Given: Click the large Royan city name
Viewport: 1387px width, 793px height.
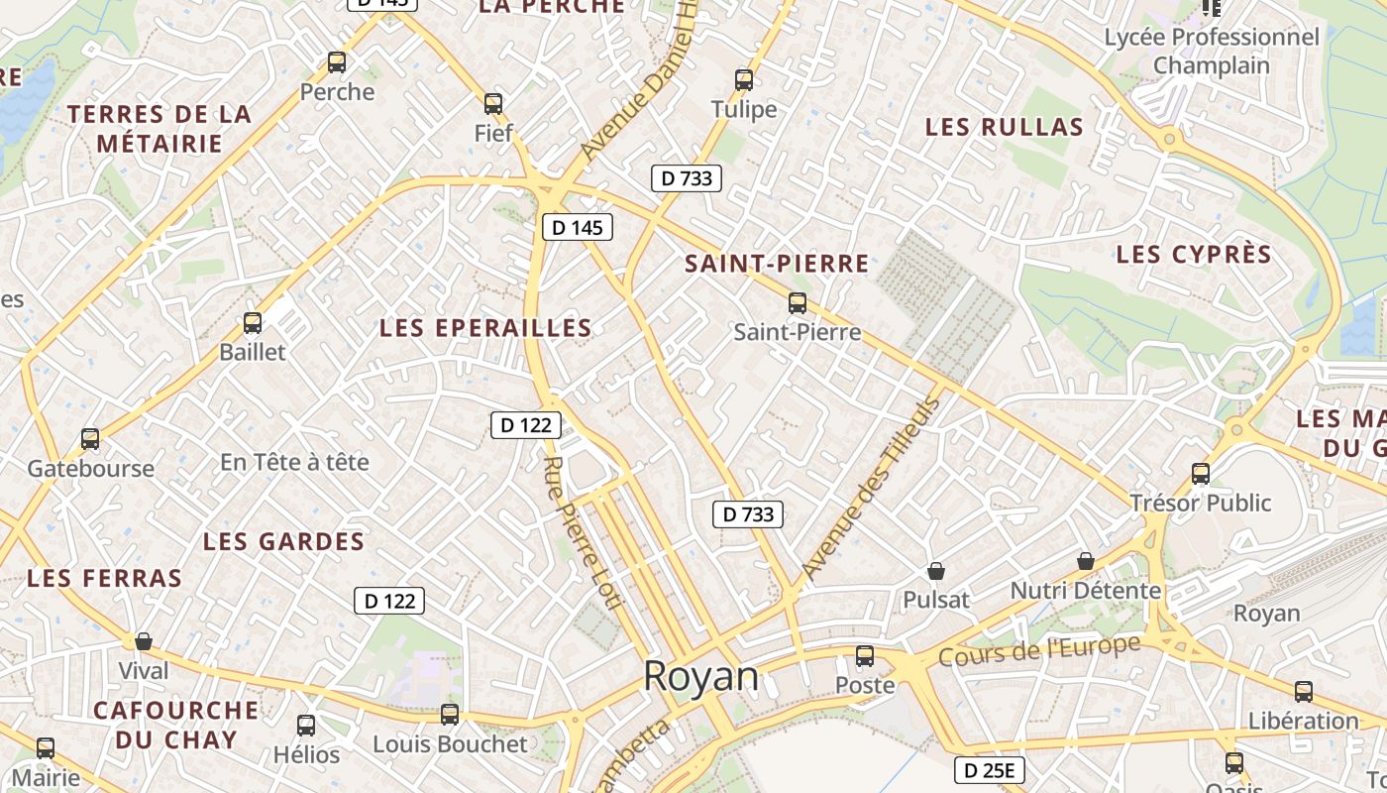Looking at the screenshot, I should coord(701,677).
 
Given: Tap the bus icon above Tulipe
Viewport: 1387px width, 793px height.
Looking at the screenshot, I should coord(744,80).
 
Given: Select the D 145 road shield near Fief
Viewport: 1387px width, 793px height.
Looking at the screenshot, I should coord(578,227).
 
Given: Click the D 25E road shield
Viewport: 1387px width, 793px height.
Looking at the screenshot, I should coord(989,770).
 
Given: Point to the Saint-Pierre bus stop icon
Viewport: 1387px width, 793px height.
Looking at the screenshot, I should coord(798,303).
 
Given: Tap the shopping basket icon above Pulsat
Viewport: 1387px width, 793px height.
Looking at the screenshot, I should coord(935,571).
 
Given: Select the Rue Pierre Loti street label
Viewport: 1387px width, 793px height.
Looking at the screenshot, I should coord(585,539).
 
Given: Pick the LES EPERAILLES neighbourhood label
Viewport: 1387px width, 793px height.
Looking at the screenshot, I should coord(485,328).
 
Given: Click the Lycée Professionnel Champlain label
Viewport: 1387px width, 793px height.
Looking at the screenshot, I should coord(1212,52).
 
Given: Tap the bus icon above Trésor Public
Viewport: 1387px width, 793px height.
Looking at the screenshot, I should coord(1201,474).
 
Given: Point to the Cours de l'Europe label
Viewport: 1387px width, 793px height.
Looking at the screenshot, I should coord(1039,651).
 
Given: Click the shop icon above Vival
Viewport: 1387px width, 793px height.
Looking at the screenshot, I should coord(144,641).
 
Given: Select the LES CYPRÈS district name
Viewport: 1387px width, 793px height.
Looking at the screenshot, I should coord(1193,255).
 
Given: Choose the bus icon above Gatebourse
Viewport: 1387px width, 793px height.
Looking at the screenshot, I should coord(90,438).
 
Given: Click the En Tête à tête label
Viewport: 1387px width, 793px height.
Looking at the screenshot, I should coord(294,462).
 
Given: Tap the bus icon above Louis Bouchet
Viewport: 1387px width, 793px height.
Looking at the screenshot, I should coord(450,714).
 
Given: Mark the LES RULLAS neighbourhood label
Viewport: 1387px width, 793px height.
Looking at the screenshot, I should coord(1004,127).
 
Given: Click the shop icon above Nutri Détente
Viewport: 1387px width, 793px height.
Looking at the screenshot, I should coord(1085,561).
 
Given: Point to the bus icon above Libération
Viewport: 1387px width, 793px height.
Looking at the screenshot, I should coord(1304,692).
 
